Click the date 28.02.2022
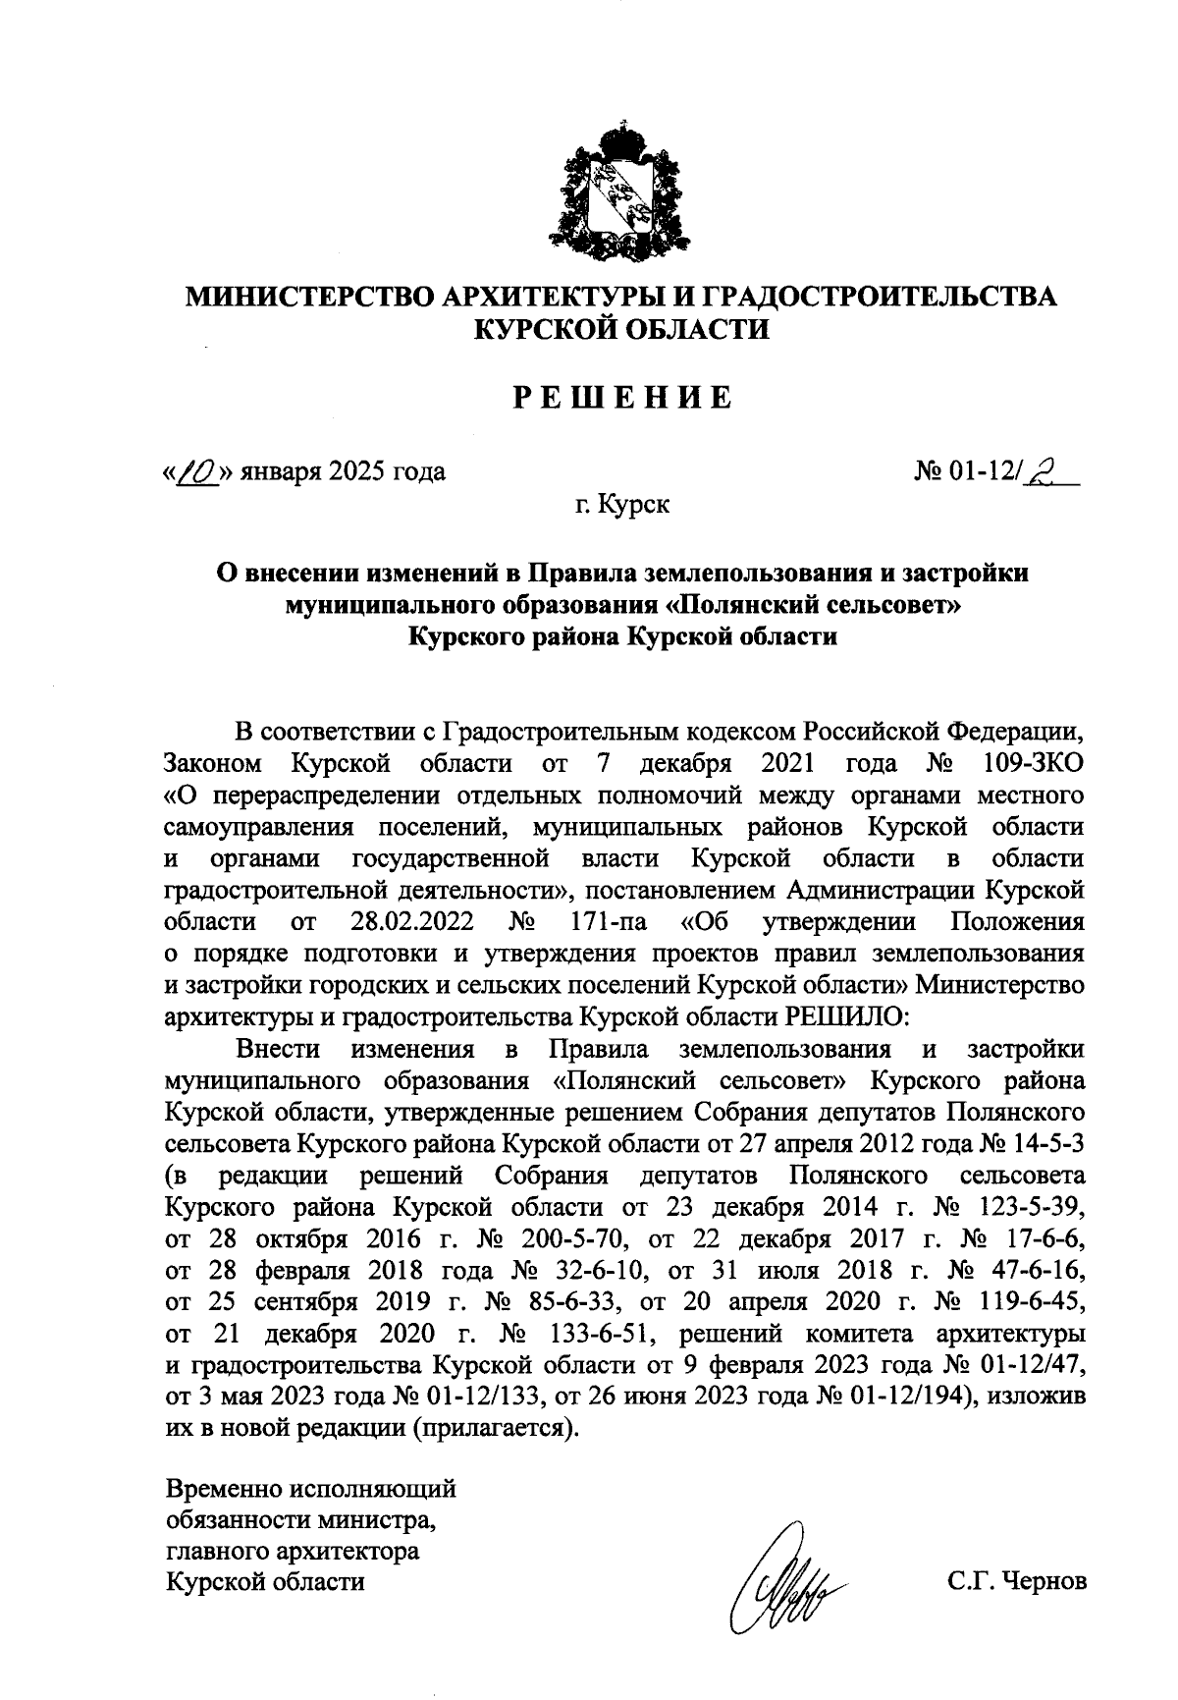coord(412,922)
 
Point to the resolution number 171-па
coord(604,922)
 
